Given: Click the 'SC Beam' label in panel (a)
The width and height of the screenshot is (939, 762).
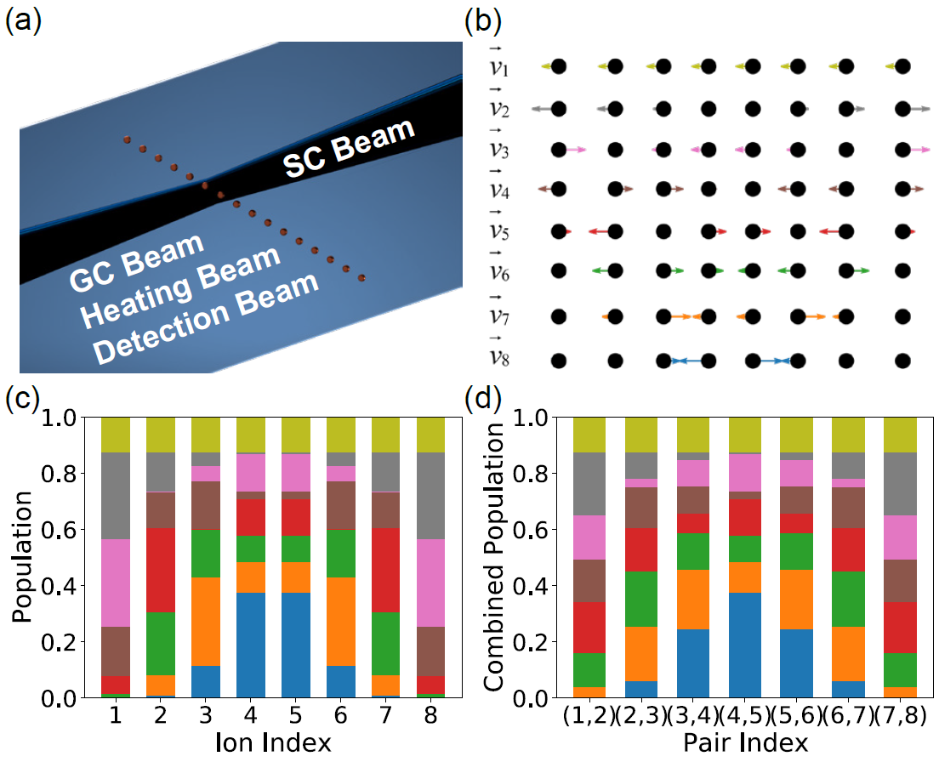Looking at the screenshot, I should (x=350, y=149).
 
